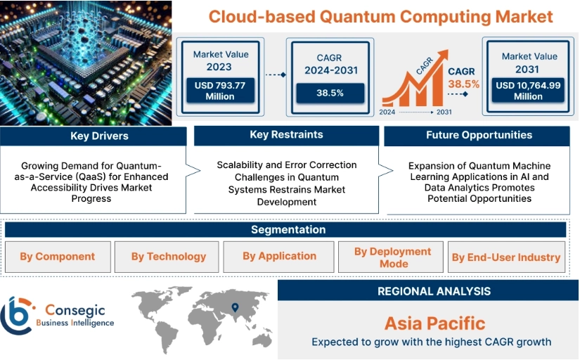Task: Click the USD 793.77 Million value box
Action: [221, 90]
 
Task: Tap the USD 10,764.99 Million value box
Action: [528, 90]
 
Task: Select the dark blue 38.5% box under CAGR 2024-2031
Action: [330, 93]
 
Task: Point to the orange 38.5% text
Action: [463, 84]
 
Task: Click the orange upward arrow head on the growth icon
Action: [442, 55]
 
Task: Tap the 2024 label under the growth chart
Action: [387, 112]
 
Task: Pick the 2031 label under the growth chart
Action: [444, 112]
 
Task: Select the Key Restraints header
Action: [286, 135]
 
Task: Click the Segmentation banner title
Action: [288, 230]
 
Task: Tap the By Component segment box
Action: [58, 257]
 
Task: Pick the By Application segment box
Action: [278, 257]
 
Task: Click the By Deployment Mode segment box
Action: [391, 257]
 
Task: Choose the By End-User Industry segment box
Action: [506, 257]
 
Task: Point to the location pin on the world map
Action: [235, 307]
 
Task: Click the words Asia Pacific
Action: [434, 323]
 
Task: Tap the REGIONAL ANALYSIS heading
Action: [434, 291]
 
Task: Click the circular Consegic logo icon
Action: [17, 315]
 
